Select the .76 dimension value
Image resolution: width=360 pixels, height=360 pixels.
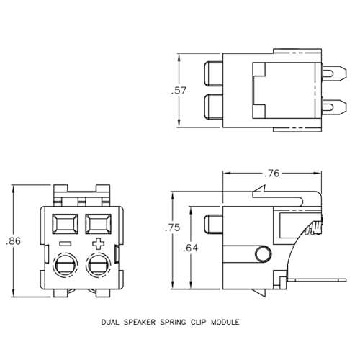[271, 173]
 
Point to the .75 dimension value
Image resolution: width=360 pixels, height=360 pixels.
[173, 228]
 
